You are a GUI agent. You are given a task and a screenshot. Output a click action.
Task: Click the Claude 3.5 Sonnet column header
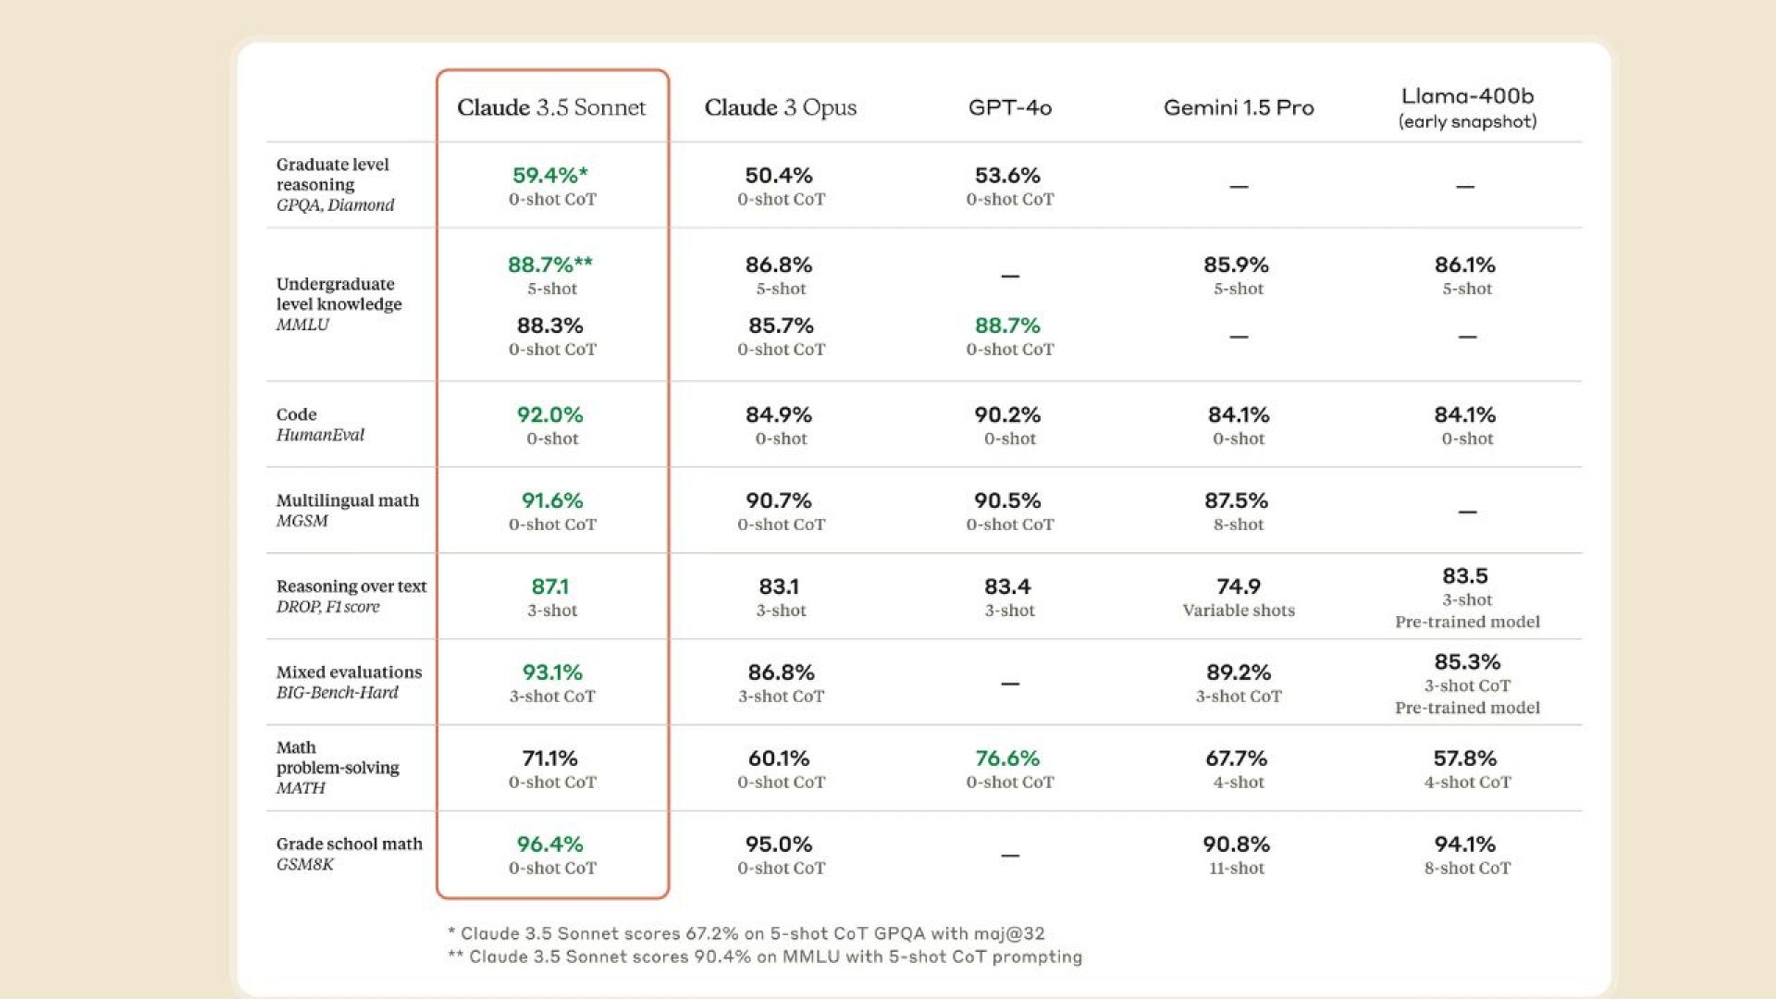point(551,107)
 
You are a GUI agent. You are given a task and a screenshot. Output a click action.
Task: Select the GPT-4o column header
point(1009,107)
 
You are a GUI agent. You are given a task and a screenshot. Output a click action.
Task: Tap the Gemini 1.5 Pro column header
point(1239,107)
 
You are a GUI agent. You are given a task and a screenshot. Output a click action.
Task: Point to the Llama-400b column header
point(1467,97)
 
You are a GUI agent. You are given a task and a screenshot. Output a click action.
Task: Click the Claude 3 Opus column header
point(781,107)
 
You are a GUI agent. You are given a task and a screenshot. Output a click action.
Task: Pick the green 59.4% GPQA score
point(549,175)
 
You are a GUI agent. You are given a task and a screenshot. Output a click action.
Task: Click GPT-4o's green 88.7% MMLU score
point(1007,326)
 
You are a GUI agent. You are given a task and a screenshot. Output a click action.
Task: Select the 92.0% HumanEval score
point(550,414)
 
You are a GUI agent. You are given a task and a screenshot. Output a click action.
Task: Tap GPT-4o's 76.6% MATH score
point(1007,758)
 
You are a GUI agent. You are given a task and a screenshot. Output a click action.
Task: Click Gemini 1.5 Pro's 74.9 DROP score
point(1239,586)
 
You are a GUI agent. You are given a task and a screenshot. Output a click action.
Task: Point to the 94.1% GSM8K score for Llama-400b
point(1465,845)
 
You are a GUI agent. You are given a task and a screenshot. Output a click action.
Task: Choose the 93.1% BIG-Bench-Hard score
point(552,672)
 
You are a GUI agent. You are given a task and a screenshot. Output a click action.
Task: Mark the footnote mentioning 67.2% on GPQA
point(746,933)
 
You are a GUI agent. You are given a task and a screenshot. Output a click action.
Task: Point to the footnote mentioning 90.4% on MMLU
point(765,956)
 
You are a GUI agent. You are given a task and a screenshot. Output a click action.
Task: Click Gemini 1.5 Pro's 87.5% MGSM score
point(1236,500)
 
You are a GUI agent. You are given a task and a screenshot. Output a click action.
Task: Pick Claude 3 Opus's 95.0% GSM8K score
point(779,845)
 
